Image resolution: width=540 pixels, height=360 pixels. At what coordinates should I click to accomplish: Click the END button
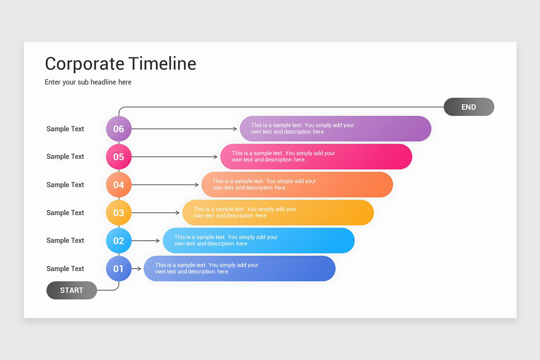[468, 107]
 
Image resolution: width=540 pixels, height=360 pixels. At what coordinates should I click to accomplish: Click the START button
[72, 290]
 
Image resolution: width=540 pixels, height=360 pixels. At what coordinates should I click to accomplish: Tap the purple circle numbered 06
[118, 129]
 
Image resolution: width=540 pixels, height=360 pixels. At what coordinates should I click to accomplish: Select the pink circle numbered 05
[118, 157]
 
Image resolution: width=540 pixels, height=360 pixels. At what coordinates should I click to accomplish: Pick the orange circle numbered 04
[118, 184]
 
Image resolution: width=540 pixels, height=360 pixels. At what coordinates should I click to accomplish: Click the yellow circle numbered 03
[118, 212]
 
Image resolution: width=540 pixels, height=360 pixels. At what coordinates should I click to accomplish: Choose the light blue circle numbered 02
[118, 241]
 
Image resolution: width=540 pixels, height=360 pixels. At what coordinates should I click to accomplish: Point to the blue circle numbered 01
[118, 269]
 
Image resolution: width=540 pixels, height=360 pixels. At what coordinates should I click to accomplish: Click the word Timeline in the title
[162, 63]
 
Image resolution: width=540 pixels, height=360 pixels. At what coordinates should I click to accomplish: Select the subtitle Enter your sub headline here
[88, 82]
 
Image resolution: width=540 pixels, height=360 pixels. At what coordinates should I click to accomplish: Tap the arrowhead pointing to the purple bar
[235, 129]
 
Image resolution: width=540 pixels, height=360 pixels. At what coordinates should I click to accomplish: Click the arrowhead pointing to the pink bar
[216, 157]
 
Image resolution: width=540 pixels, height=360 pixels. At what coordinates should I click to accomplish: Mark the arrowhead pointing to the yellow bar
[177, 212]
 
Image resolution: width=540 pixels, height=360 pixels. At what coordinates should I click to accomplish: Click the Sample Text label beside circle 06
[65, 129]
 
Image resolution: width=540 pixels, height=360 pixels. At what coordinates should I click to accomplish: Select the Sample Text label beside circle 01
[65, 269]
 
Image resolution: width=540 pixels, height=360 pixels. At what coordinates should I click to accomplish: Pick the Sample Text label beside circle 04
[65, 184]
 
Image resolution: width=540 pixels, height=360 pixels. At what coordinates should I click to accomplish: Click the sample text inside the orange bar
[264, 184]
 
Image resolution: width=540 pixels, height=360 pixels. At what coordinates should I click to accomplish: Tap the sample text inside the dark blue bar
[207, 268]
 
